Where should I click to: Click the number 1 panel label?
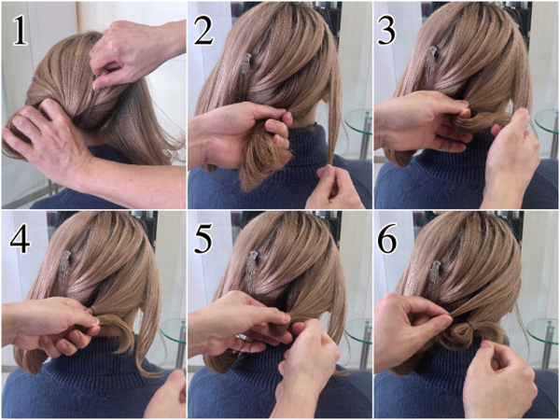coord(21,31)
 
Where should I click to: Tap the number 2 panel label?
coord(203,31)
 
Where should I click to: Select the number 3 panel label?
coord(386,31)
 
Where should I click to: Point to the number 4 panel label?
coord(20,238)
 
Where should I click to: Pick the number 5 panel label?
coord(203,238)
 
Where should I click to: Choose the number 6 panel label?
coord(387,238)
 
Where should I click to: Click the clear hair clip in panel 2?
coord(246,64)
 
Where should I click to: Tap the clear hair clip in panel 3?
coord(430,59)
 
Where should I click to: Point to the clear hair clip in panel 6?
coord(437,273)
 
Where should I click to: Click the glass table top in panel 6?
coord(542,331)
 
